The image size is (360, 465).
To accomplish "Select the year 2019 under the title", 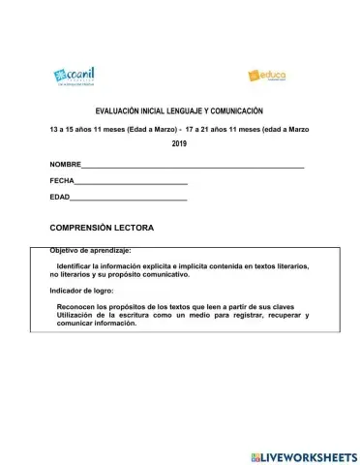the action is point(179,143).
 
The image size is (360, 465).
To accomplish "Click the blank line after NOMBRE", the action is point(194,168).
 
